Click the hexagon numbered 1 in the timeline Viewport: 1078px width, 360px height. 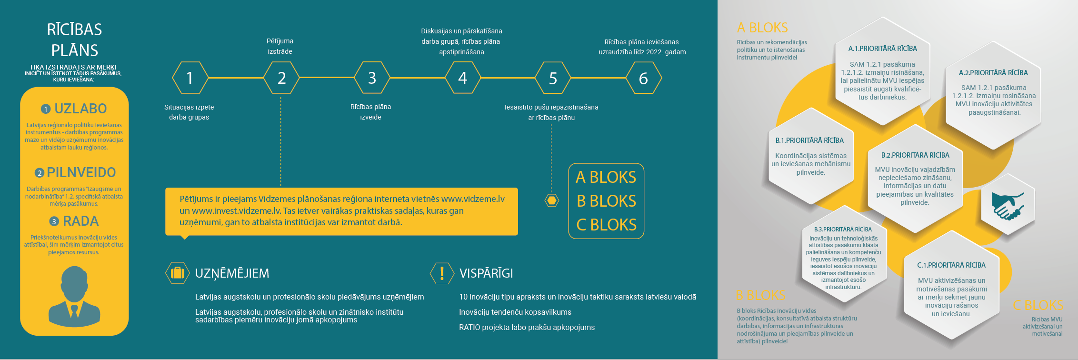coord(190,78)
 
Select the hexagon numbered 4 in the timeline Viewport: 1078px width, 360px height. coord(462,78)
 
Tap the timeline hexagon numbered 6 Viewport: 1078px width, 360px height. coord(643,78)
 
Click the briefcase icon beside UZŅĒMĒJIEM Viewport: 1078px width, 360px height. coord(177,273)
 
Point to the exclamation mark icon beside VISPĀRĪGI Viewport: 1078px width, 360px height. coord(442,273)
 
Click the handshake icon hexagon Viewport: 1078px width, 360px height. coord(1008,206)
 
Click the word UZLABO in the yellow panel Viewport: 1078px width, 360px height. coord(80,109)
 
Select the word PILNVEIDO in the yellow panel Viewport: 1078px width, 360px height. coord(81,172)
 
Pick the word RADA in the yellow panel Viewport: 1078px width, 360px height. coord(80,221)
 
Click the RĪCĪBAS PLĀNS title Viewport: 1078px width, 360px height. coord(75,40)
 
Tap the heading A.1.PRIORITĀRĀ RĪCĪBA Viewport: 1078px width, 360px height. coord(882,49)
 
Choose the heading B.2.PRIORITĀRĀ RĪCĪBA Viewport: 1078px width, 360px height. coord(915,155)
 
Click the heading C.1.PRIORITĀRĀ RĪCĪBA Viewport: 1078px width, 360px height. coord(951,265)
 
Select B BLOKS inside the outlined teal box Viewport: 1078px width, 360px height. coord(606,201)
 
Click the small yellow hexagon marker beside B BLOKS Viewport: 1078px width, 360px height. coord(551,200)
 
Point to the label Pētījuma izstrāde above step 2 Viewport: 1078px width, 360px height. coord(280,46)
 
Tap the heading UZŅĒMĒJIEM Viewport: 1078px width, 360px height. coord(232,273)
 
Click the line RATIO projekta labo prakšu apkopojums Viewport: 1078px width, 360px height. coord(527,328)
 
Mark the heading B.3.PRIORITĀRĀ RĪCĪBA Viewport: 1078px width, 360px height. coord(843,230)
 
